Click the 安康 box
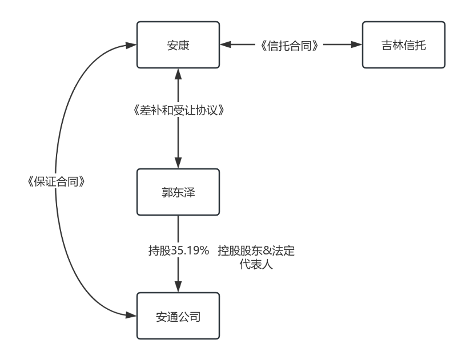tap(178, 45)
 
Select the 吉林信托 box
tap(404, 45)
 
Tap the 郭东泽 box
tap(178, 192)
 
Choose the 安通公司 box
tap(178, 316)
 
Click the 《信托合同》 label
tap(288, 46)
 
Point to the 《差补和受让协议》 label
tap(178, 110)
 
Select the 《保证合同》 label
tap(57, 181)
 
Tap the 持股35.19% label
tap(179, 250)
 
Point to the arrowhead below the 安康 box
tap(178, 73)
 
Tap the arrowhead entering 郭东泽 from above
tap(178, 164)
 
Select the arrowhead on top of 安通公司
tap(178, 288)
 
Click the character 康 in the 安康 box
tap(184, 45)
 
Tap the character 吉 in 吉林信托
tap(387, 45)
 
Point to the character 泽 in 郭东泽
tap(190, 192)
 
